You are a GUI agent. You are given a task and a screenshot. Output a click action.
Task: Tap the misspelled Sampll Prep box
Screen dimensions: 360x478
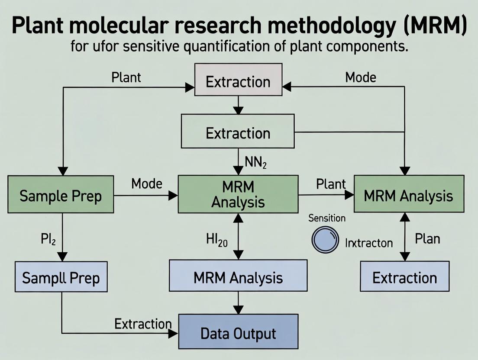point(61,277)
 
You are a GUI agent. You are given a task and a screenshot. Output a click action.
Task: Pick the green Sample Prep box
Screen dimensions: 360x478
point(61,196)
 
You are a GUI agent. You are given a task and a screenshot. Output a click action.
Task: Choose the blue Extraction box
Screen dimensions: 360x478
point(404,277)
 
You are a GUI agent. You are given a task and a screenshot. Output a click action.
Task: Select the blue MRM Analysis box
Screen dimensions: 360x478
point(238,277)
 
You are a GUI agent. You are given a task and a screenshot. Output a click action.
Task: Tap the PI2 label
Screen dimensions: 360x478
point(48,239)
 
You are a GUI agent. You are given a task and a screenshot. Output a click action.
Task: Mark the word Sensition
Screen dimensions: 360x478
point(327,218)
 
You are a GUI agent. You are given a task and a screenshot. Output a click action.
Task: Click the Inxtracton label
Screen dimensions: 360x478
point(368,243)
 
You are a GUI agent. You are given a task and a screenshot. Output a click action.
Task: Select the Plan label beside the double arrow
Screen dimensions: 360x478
point(427,239)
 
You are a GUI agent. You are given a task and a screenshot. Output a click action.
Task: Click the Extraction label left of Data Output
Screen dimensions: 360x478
point(143,323)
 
